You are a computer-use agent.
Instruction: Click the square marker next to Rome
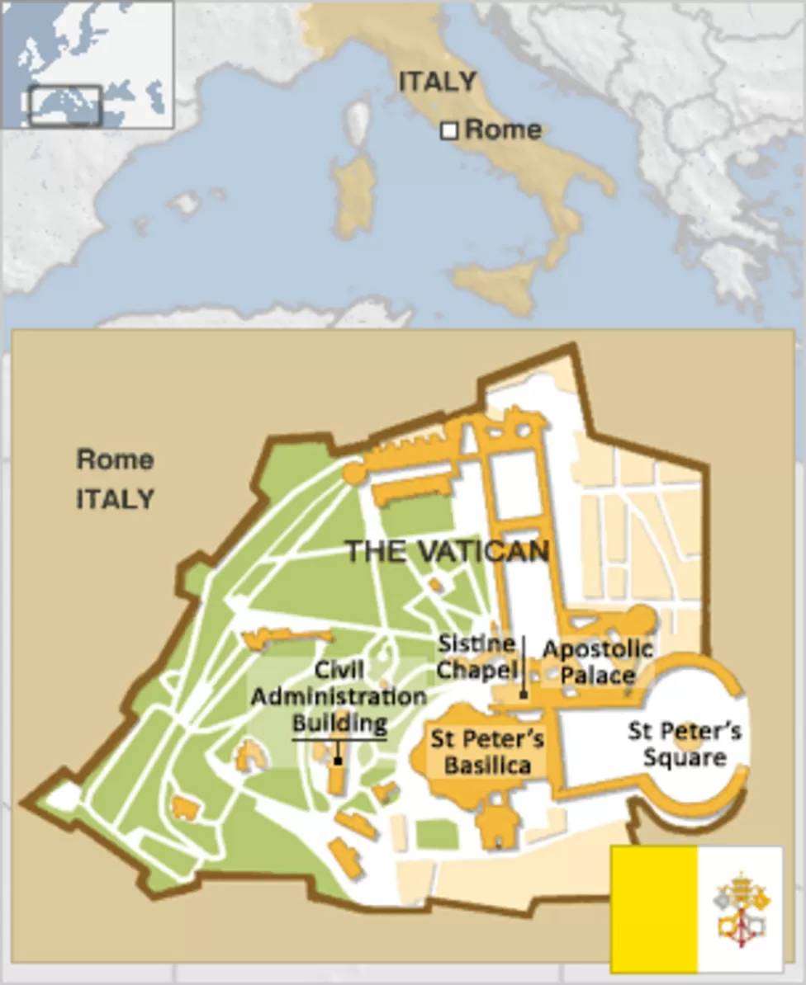(449, 130)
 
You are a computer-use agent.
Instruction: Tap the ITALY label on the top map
(437, 82)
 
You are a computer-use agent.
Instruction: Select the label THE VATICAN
(447, 551)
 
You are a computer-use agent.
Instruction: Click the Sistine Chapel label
(476, 657)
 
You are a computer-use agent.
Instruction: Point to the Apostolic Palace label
(597, 662)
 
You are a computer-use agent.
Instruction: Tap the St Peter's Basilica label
(486, 752)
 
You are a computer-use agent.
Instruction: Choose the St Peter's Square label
(684, 743)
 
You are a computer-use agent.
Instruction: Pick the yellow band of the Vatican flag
(654, 907)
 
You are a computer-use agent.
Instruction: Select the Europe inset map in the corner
(88, 64)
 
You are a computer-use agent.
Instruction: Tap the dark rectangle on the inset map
(65, 105)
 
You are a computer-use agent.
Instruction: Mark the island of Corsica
(358, 120)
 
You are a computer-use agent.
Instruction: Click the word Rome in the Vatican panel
(115, 459)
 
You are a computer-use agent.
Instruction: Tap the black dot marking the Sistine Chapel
(523, 695)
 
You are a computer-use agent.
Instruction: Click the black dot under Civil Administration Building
(338, 760)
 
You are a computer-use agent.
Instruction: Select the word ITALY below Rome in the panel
(115, 498)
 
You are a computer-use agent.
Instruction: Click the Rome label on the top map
(503, 130)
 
